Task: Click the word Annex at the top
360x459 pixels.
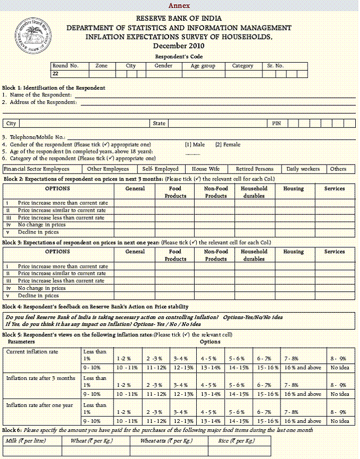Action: (179, 5)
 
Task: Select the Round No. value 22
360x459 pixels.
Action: (55, 74)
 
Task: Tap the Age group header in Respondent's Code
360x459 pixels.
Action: (203, 66)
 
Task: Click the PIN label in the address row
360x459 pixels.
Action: (276, 124)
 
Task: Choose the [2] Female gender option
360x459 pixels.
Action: (227, 144)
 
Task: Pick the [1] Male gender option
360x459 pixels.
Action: (195, 144)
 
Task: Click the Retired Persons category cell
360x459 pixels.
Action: (254, 169)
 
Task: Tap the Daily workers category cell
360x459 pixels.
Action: (303, 169)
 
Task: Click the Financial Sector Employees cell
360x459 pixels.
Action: (36, 169)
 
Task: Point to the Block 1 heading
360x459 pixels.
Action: (54, 88)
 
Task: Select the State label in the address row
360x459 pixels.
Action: (159, 124)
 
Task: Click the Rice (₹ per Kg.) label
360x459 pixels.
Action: (236, 441)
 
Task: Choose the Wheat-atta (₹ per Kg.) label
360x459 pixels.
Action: (166, 441)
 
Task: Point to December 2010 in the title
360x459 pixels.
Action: (179, 46)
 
